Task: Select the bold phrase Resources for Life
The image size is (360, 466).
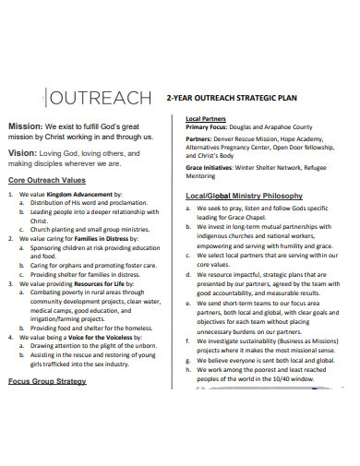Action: click(x=103, y=283)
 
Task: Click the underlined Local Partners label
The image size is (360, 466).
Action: click(x=208, y=119)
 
